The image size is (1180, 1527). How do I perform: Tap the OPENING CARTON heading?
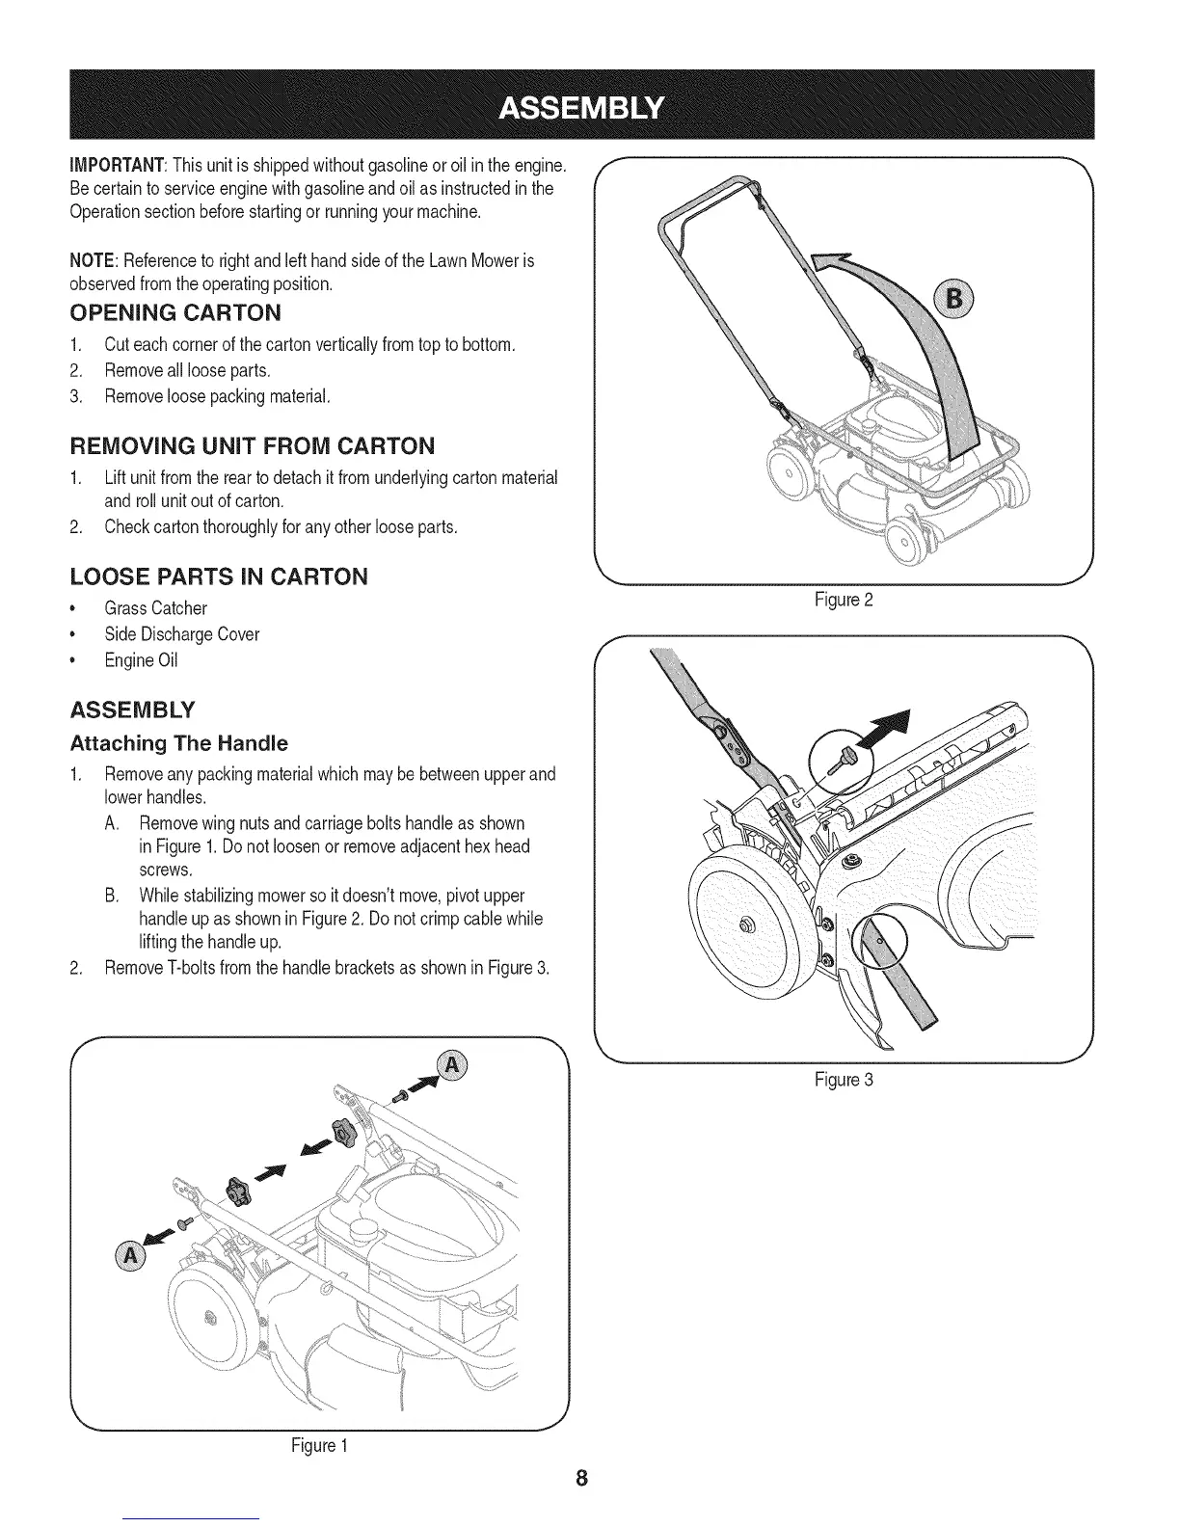pos(175,312)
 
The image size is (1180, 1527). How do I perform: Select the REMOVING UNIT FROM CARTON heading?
pos(253,445)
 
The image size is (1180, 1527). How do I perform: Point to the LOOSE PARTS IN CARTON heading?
pos(219,576)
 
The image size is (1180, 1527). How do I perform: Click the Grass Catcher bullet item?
pos(156,608)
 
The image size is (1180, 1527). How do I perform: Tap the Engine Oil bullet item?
pos(142,660)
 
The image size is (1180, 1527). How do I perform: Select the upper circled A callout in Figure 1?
pos(450,1065)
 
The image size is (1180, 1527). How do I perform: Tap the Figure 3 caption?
pos(844,1080)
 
